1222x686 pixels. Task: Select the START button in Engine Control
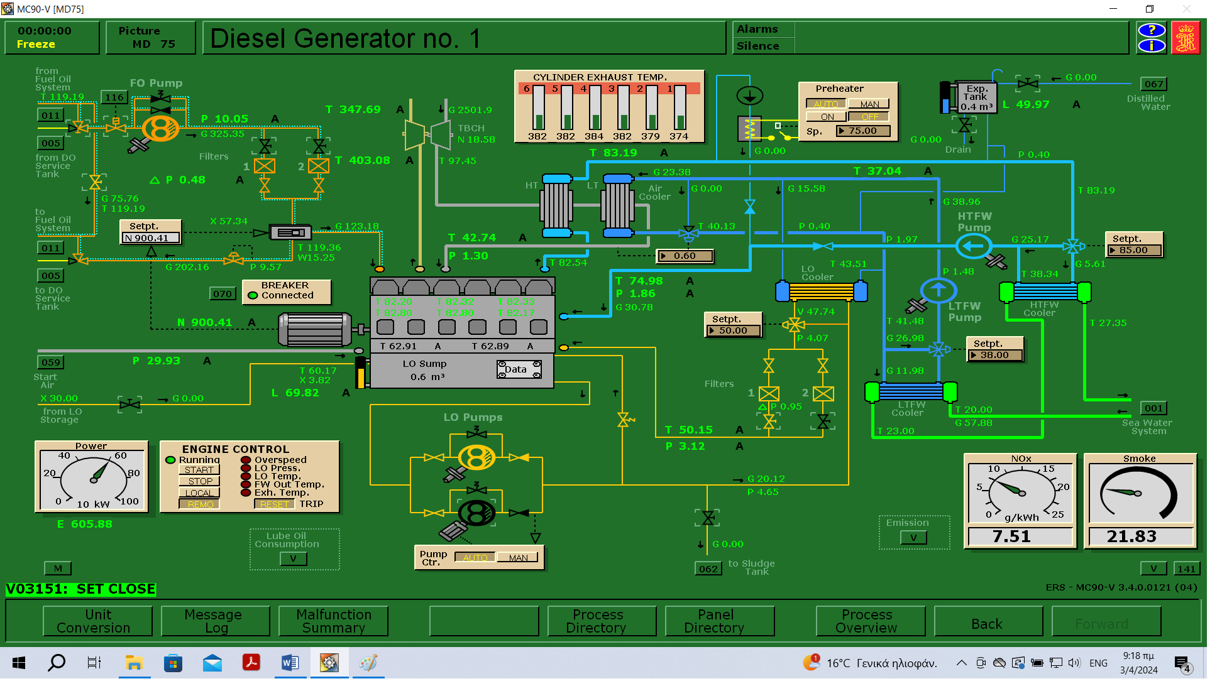pyautogui.click(x=199, y=470)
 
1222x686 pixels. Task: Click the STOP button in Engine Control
pyautogui.click(x=199, y=481)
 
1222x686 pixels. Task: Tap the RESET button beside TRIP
pyautogui.click(x=274, y=504)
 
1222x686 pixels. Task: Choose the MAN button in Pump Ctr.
pyautogui.click(x=518, y=557)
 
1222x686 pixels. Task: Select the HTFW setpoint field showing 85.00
pyautogui.click(x=1134, y=250)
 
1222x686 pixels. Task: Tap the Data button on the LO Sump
pyautogui.click(x=519, y=369)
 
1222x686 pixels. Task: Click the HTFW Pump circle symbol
pyautogui.click(x=974, y=246)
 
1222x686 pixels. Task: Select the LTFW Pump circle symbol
pyautogui.click(x=938, y=290)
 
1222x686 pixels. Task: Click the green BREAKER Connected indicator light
pyautogui.click(x=253, y=295)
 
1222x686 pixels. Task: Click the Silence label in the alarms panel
pyautogui.click(x=757, y=46)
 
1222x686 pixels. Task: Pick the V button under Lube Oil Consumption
pyautogui.click(x=293, y=558)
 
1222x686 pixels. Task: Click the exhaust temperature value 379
pyautogui.click(x=650, y=136)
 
